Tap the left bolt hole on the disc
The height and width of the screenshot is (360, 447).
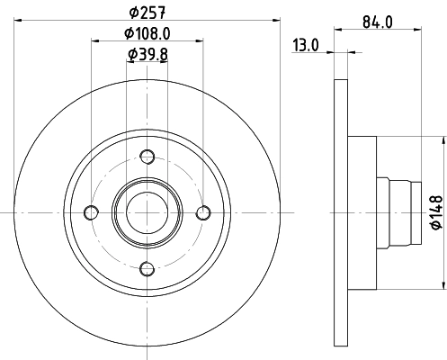point(91,211)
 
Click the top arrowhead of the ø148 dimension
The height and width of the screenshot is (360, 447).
point(443,140)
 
